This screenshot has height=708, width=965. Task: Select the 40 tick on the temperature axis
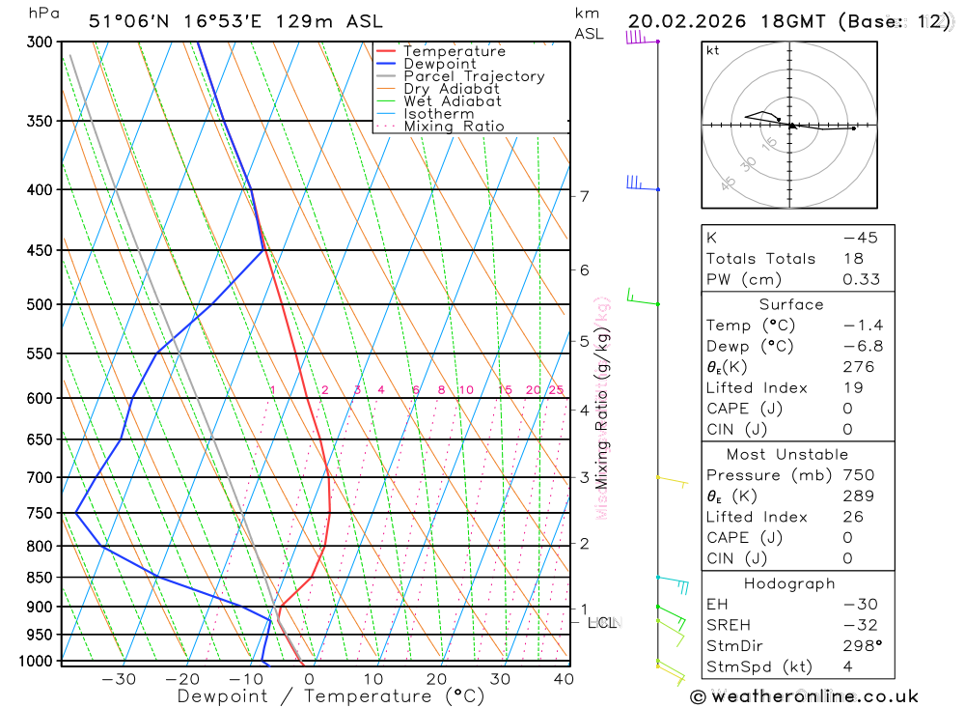click(x=564, y=679)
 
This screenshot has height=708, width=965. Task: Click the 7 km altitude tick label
click(x=584, y=196)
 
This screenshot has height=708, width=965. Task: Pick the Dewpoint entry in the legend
click(x=439, y=64)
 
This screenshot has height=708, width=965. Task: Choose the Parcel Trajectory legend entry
click(x=473, y=76)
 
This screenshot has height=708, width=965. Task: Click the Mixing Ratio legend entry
click(x=453, y=127)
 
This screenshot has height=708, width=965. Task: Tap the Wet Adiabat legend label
click(x=452, y=101)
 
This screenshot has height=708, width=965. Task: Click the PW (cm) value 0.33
click(x=861, y=279)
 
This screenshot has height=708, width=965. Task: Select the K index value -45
click(x=860, y=238)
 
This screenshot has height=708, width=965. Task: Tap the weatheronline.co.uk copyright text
click(x=804, y=695)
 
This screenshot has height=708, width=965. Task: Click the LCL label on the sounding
click(x=602, y=623)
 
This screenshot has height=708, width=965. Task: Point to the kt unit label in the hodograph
click(x=713, y=50)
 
